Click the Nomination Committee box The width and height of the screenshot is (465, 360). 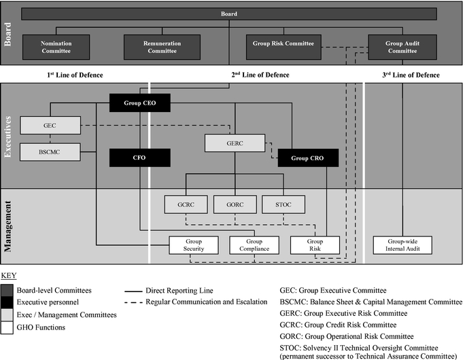56,47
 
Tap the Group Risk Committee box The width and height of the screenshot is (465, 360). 283,44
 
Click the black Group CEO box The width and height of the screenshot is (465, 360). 140,103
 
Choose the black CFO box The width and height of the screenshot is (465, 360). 139,158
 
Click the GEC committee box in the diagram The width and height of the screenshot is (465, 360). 50,126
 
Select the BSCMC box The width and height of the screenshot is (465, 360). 50,151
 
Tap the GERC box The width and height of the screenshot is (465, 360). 235,143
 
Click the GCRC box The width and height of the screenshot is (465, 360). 186,204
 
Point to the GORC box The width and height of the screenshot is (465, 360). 235,204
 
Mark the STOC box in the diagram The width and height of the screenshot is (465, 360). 283,204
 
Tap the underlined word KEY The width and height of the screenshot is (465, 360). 8,276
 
